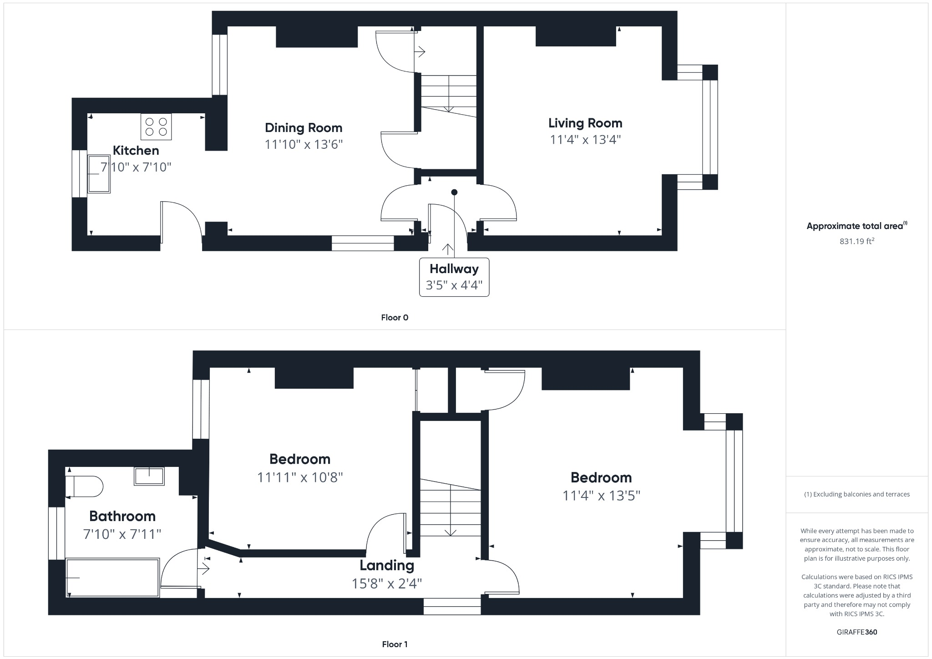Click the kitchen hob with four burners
click(156, 127)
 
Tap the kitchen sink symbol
click(99, 174)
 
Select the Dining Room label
click(304, 128)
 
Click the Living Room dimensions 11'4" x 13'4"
click(585, 139)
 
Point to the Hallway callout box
click(454, 277)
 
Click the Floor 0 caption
click(395, 318)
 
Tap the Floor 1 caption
click(395, 644)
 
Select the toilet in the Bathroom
click(85, 487)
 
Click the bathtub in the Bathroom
click(112, 578)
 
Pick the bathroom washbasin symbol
click(149, 476)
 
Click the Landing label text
click(387, 565)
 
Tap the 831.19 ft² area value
click(856, 241)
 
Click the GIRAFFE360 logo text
click(856, 632)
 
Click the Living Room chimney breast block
click(576, 36)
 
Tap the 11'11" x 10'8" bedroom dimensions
click(300, 477)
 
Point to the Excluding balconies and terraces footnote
click(856, 494)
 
